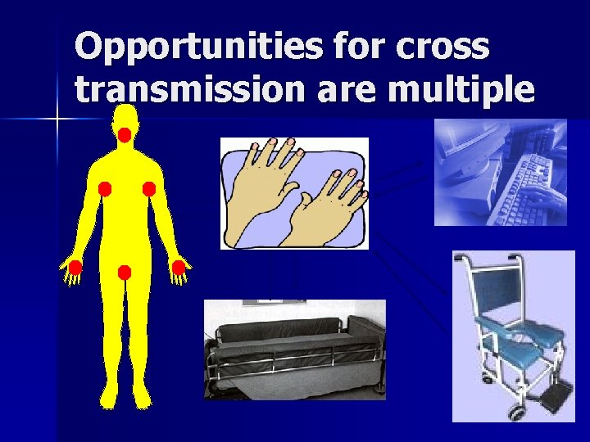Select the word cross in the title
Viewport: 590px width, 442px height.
pos(447,47)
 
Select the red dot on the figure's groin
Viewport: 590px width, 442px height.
pos(125,273)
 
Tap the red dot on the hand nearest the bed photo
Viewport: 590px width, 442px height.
pos(178,267)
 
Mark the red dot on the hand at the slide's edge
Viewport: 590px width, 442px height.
pos(75,267)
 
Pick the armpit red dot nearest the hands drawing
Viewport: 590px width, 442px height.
pos(149,189)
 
